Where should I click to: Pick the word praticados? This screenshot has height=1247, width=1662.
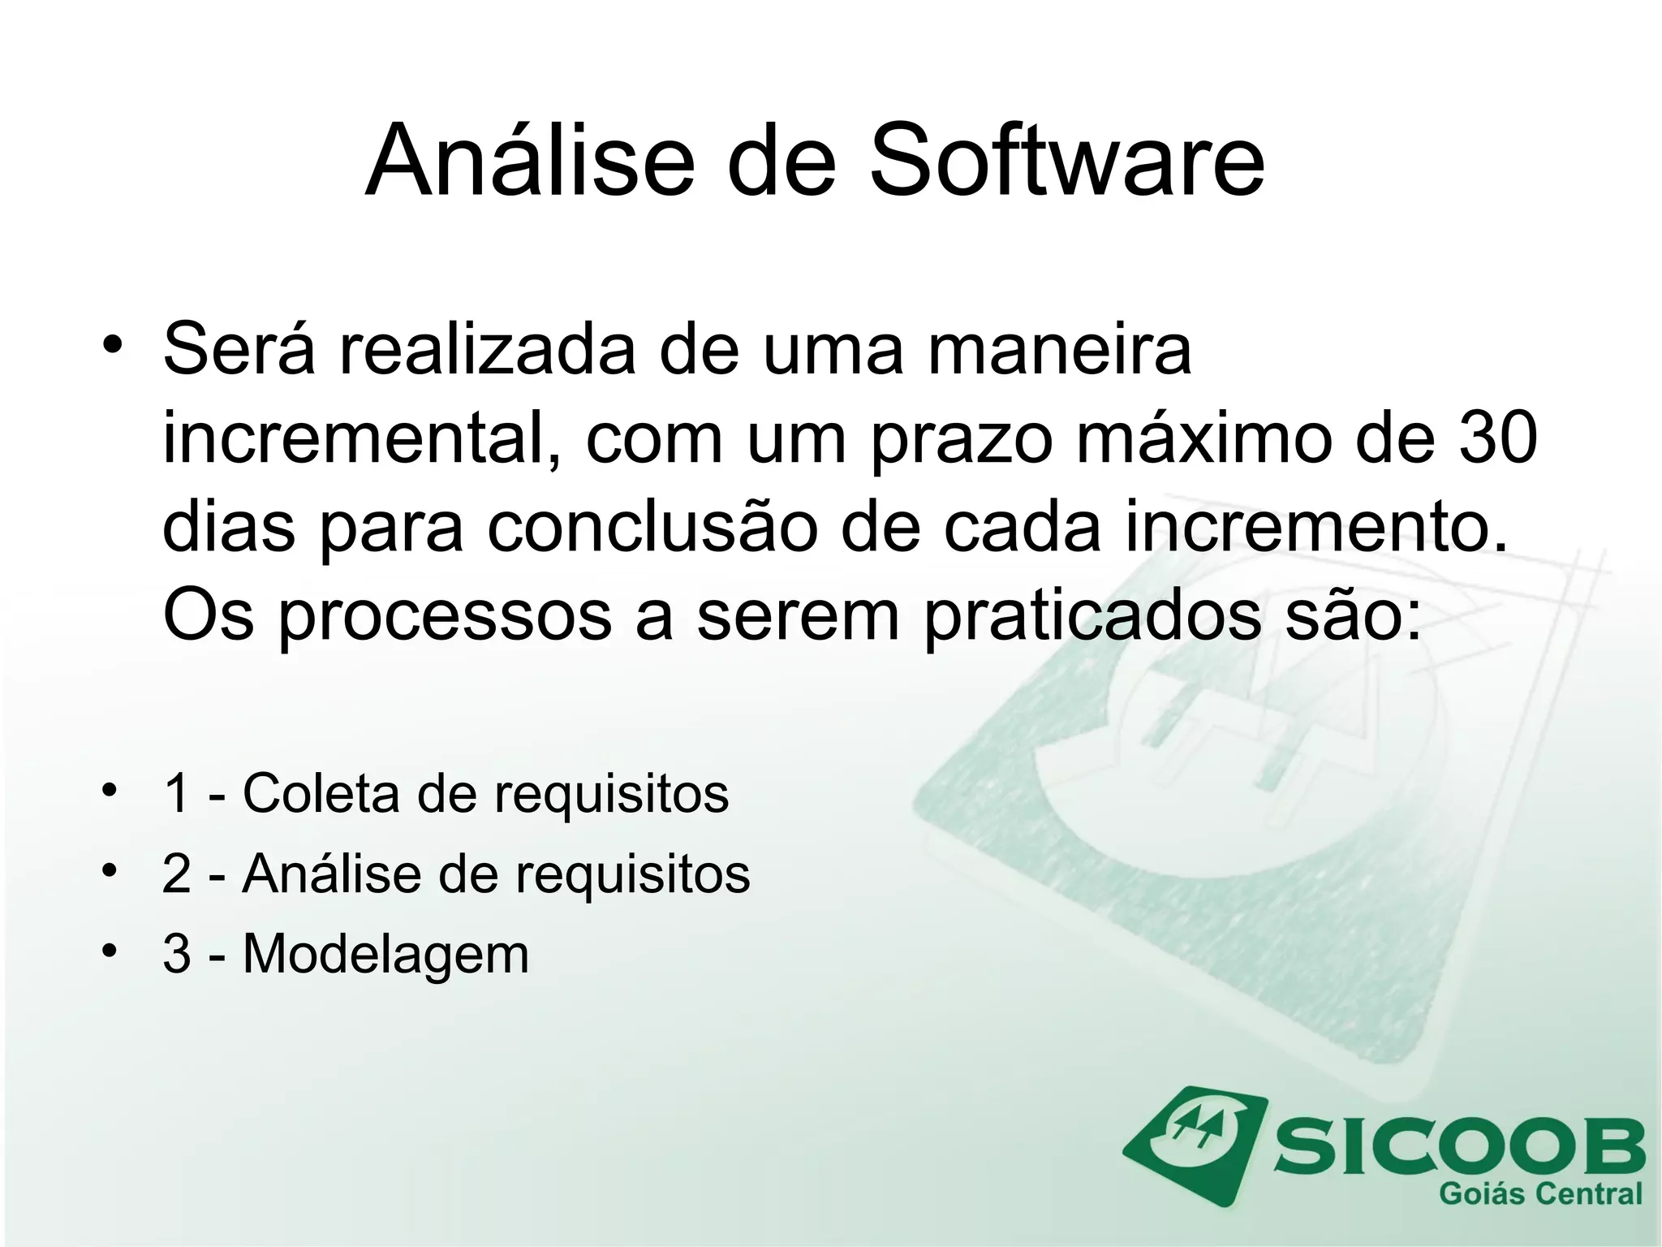(x=1092, y=615)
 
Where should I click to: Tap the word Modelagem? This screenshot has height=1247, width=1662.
(x=385, y=953)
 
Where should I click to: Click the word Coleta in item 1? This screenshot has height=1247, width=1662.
(x=321, y=792)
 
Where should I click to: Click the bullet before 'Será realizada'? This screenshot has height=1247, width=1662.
(x=112, y=344)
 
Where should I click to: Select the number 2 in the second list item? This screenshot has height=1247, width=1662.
(x=176, y=874)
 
